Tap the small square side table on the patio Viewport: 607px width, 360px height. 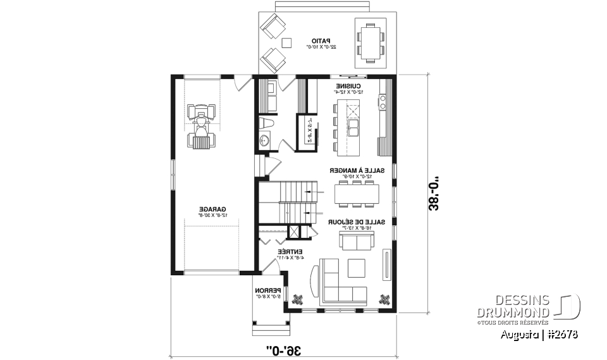coord(286,43)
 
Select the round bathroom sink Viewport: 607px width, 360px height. coord(265,140)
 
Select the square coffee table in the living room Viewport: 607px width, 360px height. coord(356,268)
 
